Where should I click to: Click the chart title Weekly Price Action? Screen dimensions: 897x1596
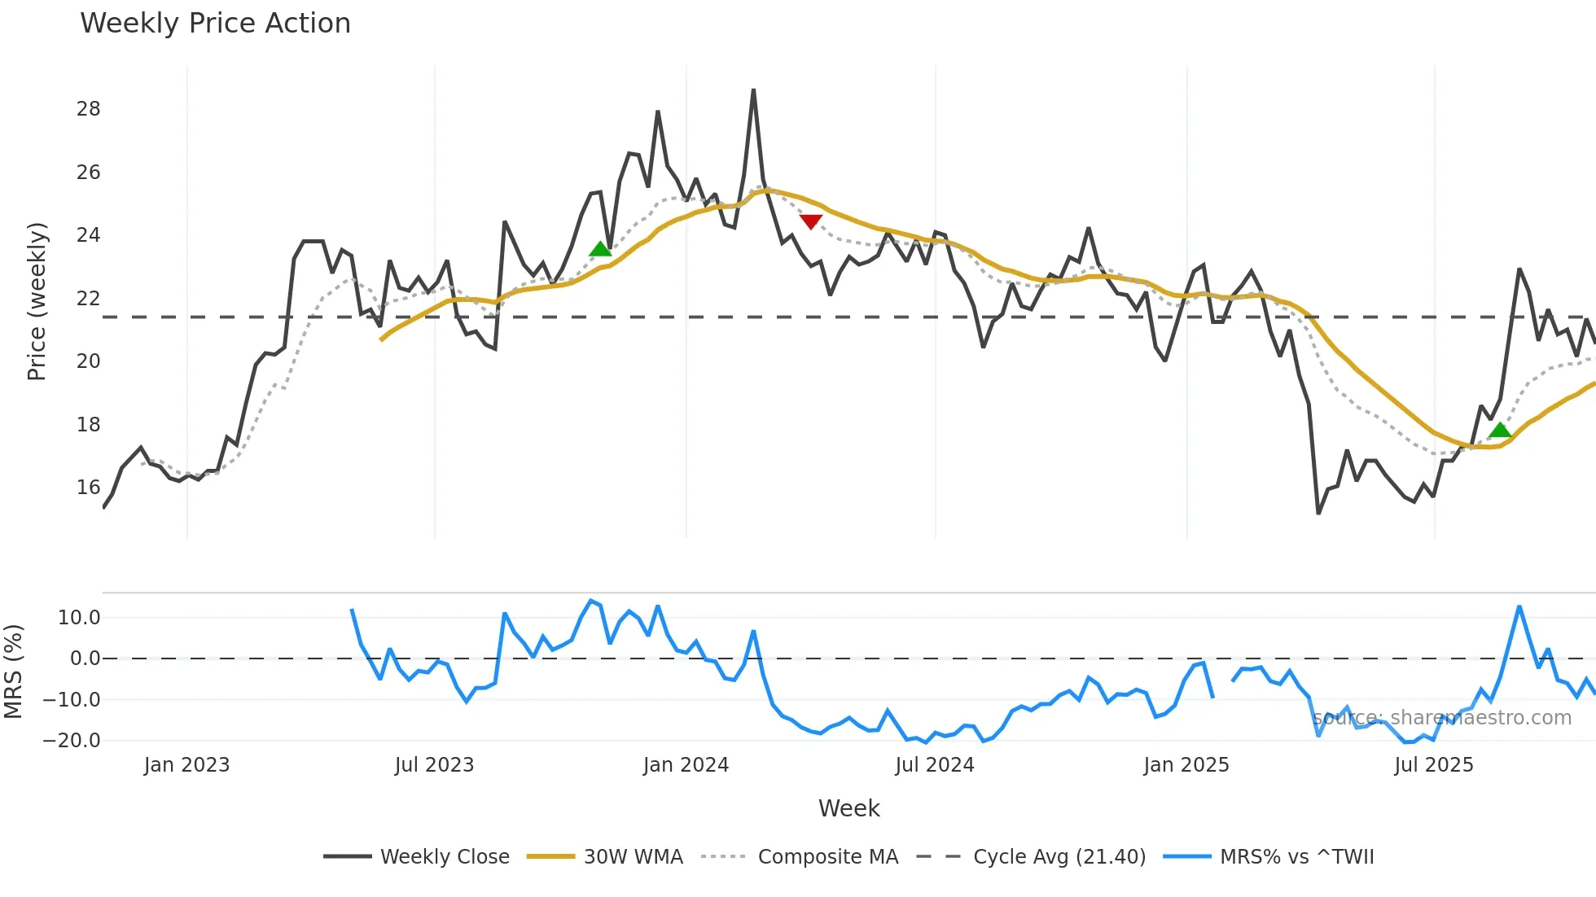click(x=215, y=24)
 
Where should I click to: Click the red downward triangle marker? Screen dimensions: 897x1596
click(x=811, y=221)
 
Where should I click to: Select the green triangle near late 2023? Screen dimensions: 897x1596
click(x=600, y=249)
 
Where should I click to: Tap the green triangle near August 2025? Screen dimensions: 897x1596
click(x=1500, y=430)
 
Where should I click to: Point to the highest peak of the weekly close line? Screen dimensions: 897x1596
click(x=753, y=90)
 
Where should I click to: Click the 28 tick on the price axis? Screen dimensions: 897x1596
click(x=88, y=109)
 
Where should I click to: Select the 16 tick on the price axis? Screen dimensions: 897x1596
click(x=88, y=488)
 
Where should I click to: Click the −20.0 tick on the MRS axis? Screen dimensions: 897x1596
click(x=72, y=741)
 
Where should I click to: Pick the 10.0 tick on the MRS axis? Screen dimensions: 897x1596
click(x=79, y=618)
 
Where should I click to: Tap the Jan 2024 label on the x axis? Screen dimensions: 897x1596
click(x=686, y=765)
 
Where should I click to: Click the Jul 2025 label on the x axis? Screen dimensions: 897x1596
click(x=1433, y=765)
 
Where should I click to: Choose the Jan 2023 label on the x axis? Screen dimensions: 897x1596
click(x=186, y=765)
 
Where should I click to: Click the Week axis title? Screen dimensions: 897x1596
click(x=848, y=808)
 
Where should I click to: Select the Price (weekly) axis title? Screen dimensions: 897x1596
click(x=37, y=301)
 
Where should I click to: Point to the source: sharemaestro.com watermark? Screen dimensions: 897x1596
click(x=1441, y=718)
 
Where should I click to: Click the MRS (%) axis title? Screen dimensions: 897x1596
click(x=14, y=672)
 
